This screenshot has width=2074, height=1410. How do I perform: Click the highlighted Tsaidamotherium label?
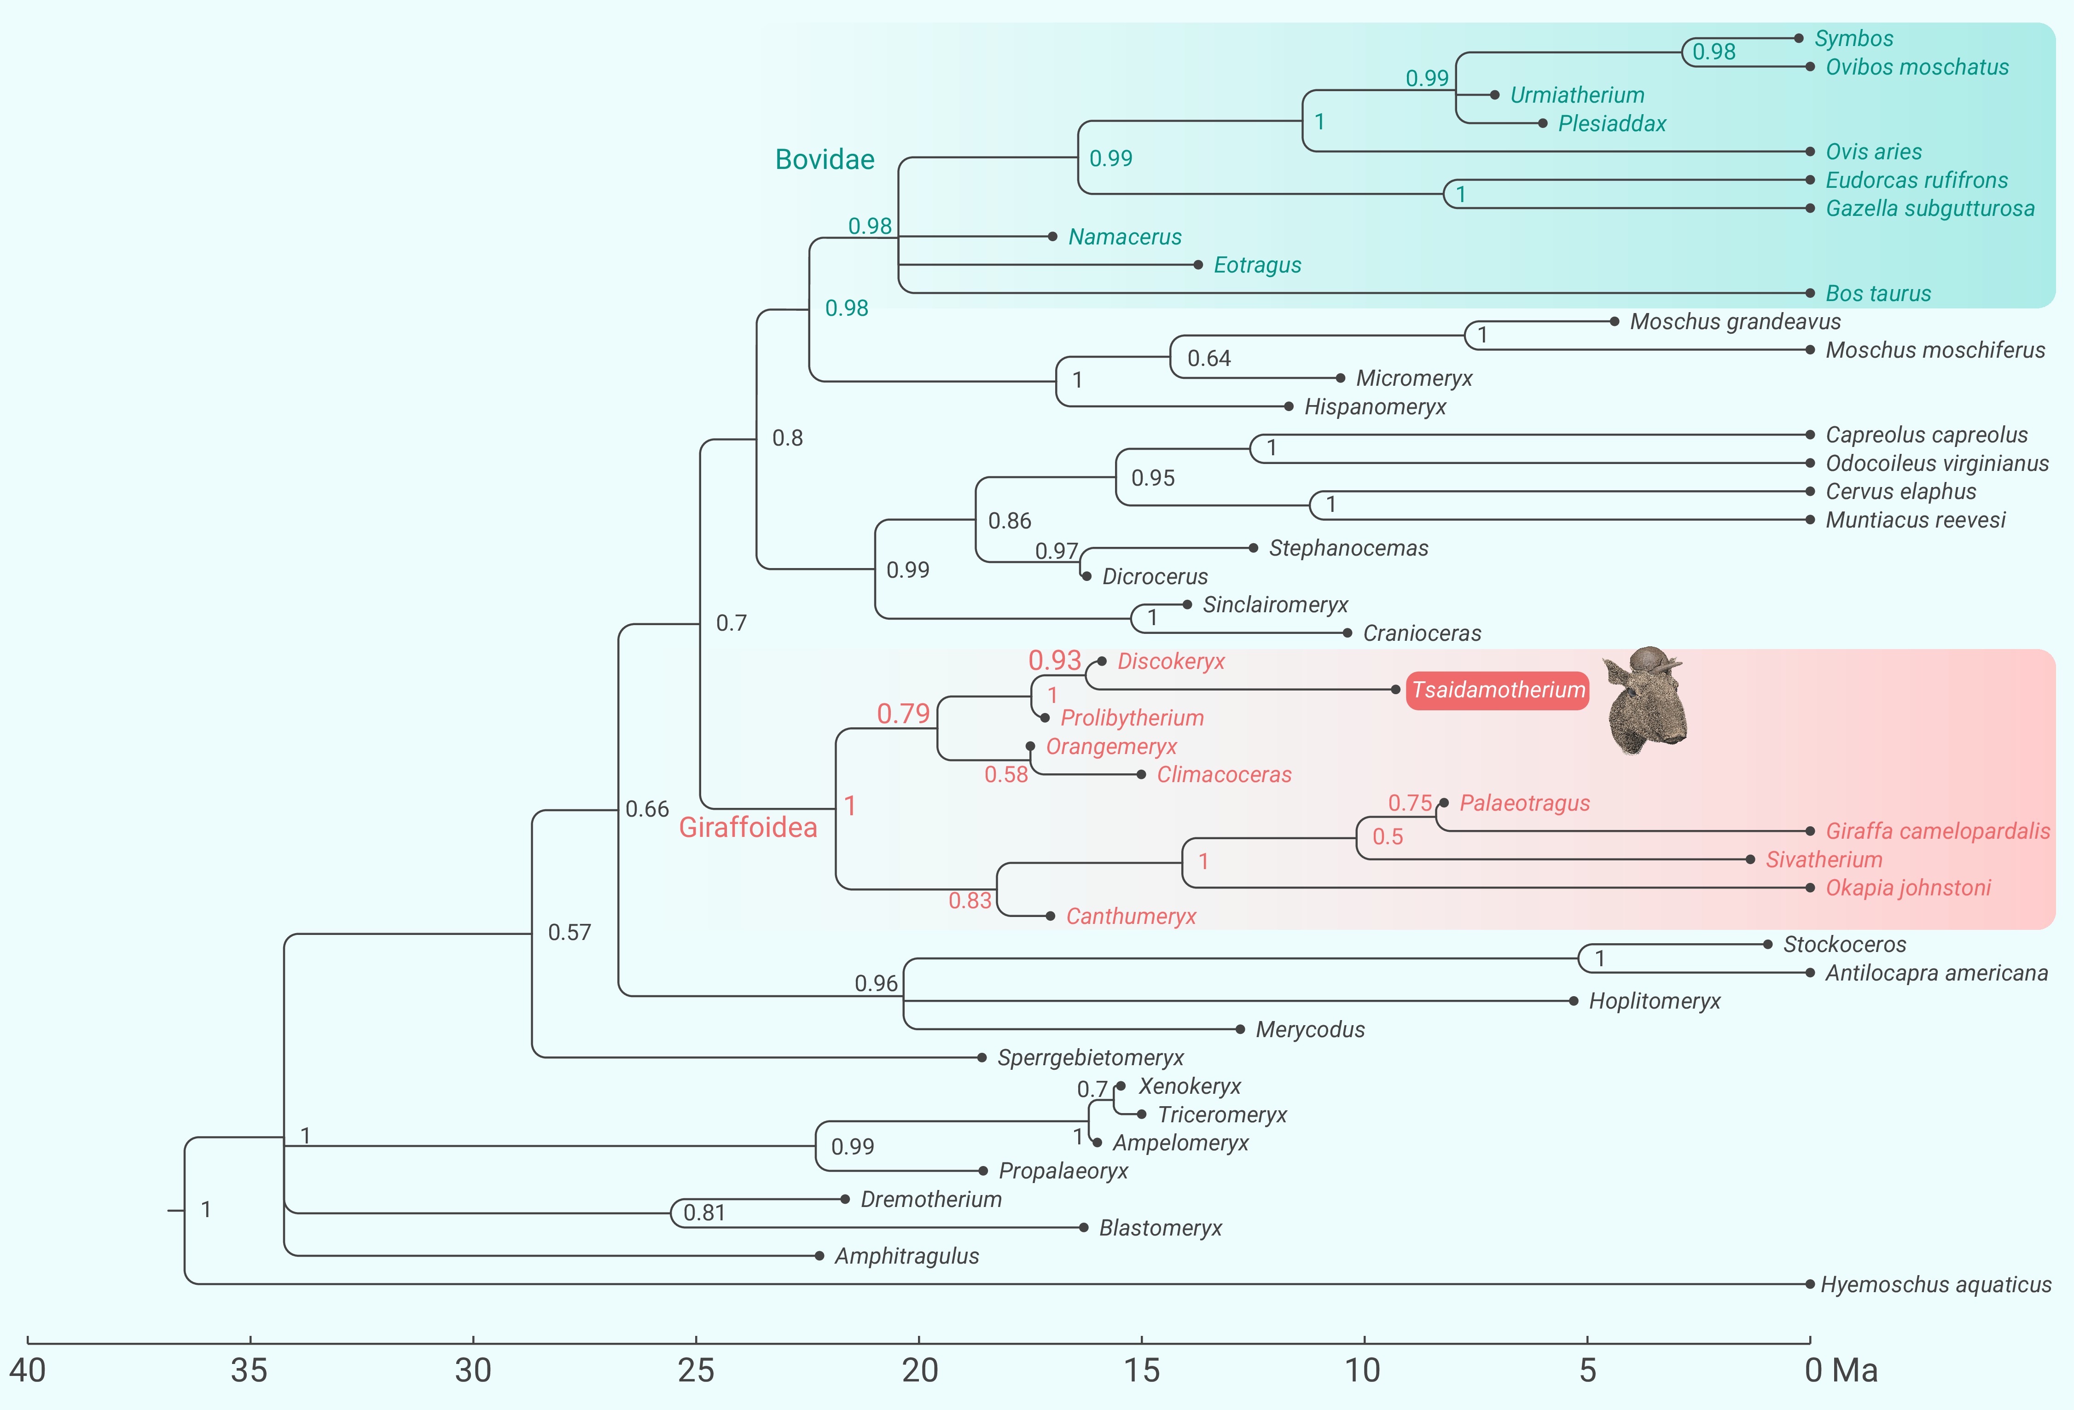coord(1498,690)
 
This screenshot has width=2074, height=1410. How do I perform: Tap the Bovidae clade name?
coord(825,160)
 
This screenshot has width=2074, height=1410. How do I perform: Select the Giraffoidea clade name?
coord(748,827)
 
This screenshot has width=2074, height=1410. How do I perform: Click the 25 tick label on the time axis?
coord(696,1370)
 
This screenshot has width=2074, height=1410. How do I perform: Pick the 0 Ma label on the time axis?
coord(1840,1370)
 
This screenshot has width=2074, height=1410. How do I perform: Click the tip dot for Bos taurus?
coord(1810,293)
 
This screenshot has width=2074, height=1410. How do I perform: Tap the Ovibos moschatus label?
coord(1917,67)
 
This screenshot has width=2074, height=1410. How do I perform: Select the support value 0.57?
coord(569,933)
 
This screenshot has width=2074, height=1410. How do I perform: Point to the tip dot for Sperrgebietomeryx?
coord(982,1057)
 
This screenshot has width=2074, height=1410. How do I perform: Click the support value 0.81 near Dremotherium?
coord(704,1213)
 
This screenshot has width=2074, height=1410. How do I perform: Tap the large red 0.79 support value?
coord(903,714)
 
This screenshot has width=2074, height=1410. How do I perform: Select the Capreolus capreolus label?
coord(1926,435)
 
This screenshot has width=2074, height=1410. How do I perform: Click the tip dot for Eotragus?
coord(1198,265)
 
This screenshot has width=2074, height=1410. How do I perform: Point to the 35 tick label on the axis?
coord(250,1370)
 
